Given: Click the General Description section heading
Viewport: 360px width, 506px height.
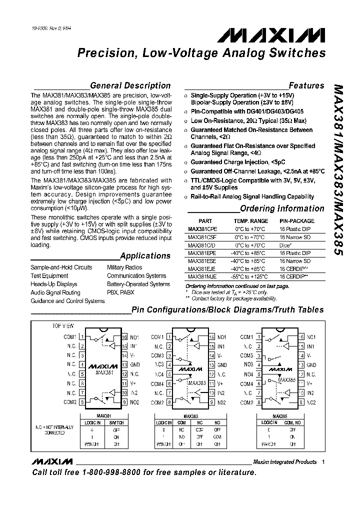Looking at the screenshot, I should click(x=130, y=85).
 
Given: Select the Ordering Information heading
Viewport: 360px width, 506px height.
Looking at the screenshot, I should click(x=282, y=208).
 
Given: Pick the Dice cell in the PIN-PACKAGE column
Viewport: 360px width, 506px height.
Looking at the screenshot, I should click(x=285, y=245).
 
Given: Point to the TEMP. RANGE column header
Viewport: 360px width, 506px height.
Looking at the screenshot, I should click(x=251, y=220).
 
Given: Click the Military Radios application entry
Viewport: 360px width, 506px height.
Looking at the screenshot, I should click(x=124, y=267).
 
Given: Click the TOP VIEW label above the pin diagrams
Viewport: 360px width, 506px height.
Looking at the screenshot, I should click(x=63, y=325).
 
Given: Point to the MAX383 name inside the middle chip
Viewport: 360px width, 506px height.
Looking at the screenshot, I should click(x=197, y=383).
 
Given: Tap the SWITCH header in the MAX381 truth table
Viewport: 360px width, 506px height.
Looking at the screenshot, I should click(x=116, y=422).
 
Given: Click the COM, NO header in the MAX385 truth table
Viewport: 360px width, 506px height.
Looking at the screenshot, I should click(x=292, y=422).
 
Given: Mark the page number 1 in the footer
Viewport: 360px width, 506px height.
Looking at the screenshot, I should click(x=323, y=461).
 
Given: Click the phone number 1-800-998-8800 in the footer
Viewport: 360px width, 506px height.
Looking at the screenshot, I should click(x=128, y=472).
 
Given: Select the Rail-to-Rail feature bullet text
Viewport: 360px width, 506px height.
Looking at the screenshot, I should click(x=252, y=196).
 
